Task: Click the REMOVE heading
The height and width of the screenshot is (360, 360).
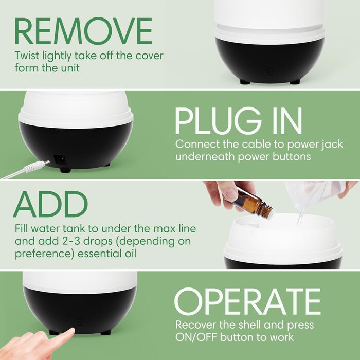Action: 83,31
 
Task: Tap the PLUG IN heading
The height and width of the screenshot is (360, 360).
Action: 238,121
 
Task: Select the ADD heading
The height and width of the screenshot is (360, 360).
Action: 50,204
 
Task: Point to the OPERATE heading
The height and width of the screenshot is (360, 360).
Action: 247,301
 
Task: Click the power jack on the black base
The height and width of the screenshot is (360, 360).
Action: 60,159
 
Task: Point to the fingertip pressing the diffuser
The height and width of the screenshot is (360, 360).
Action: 69,332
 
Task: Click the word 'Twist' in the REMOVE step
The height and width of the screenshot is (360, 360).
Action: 27,56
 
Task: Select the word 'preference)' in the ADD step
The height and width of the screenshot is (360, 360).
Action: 45,255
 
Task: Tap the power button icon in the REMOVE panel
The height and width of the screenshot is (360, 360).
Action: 270,71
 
